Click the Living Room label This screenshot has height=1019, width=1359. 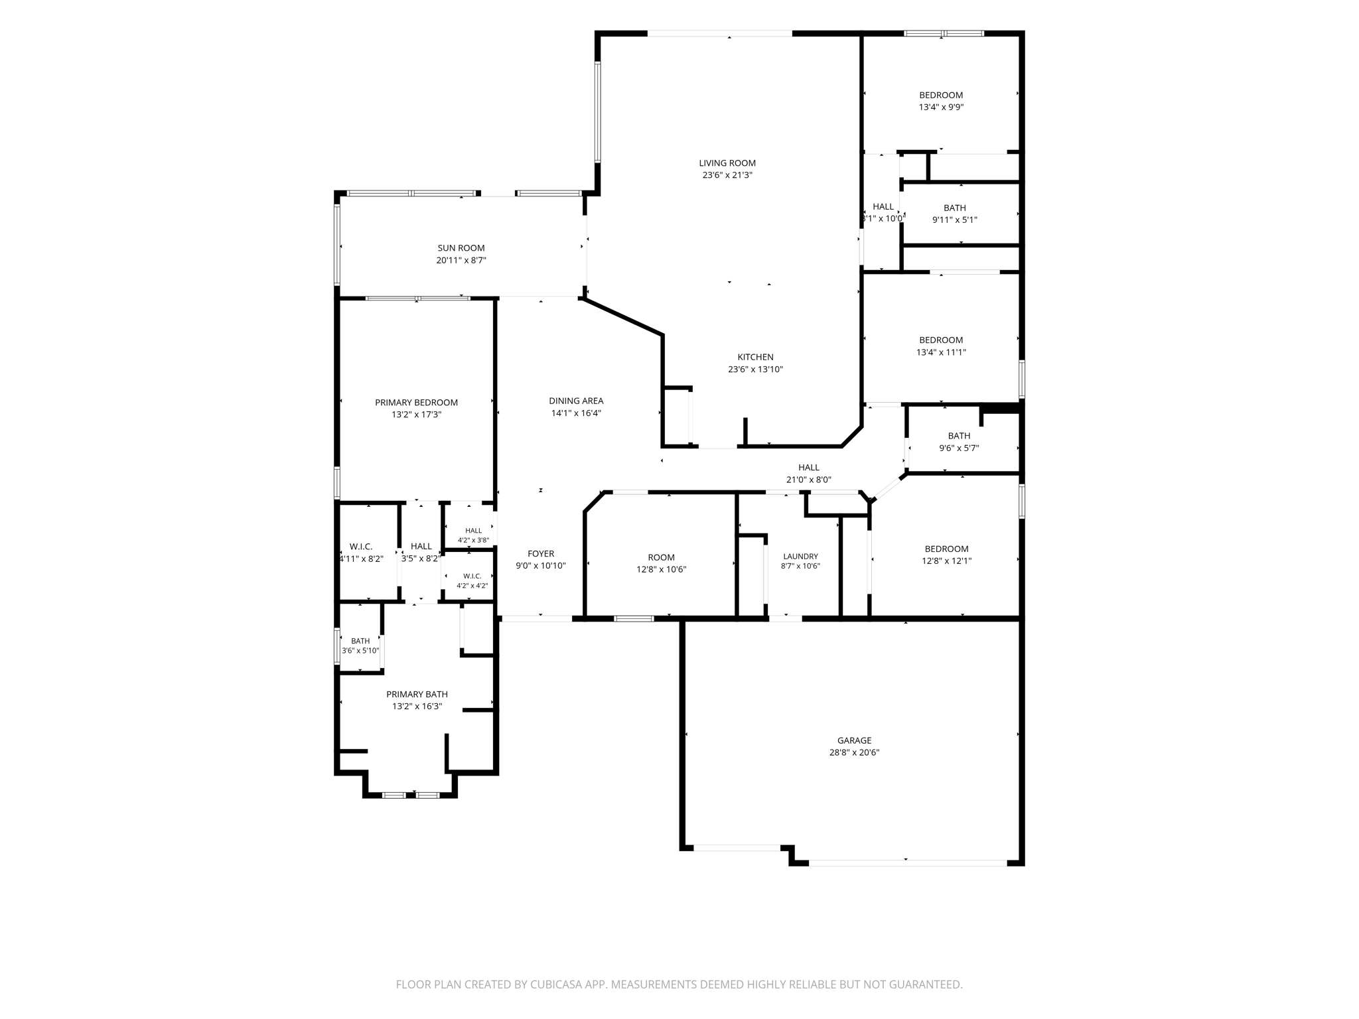(x=727, y=163)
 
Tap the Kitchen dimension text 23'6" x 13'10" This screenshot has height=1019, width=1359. (x=755, y=370)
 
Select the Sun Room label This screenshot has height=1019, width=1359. (x=461, y=248)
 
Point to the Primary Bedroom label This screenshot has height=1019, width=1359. (x=416, y=403)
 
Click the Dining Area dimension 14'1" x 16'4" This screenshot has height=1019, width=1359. (x=576, y=413)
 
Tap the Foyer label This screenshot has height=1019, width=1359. (x=541, y=554)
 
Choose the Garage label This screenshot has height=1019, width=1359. (x=854, y=740)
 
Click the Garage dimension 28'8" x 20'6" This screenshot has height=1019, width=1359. (x=854, y=753)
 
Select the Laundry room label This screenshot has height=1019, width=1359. (x=800, y=557)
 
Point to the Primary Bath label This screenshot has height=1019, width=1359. (x=417, y=695)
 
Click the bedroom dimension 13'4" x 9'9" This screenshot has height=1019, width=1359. (x=941, y=107)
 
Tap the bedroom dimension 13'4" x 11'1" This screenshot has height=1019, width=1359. (x=941, y=353)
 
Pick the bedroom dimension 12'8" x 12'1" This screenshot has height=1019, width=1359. (x=946, y=561)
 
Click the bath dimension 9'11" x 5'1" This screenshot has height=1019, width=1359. (x=955, y=220)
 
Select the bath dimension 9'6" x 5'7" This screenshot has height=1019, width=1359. (x=959, y=448)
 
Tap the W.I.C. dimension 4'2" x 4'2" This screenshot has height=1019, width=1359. (x=472, y=586)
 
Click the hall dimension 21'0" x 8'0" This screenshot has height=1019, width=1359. (x=808, y=480)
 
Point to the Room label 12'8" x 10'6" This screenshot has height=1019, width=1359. (x=661, y=558)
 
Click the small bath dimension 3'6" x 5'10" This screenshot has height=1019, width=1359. (x=360, y=651)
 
